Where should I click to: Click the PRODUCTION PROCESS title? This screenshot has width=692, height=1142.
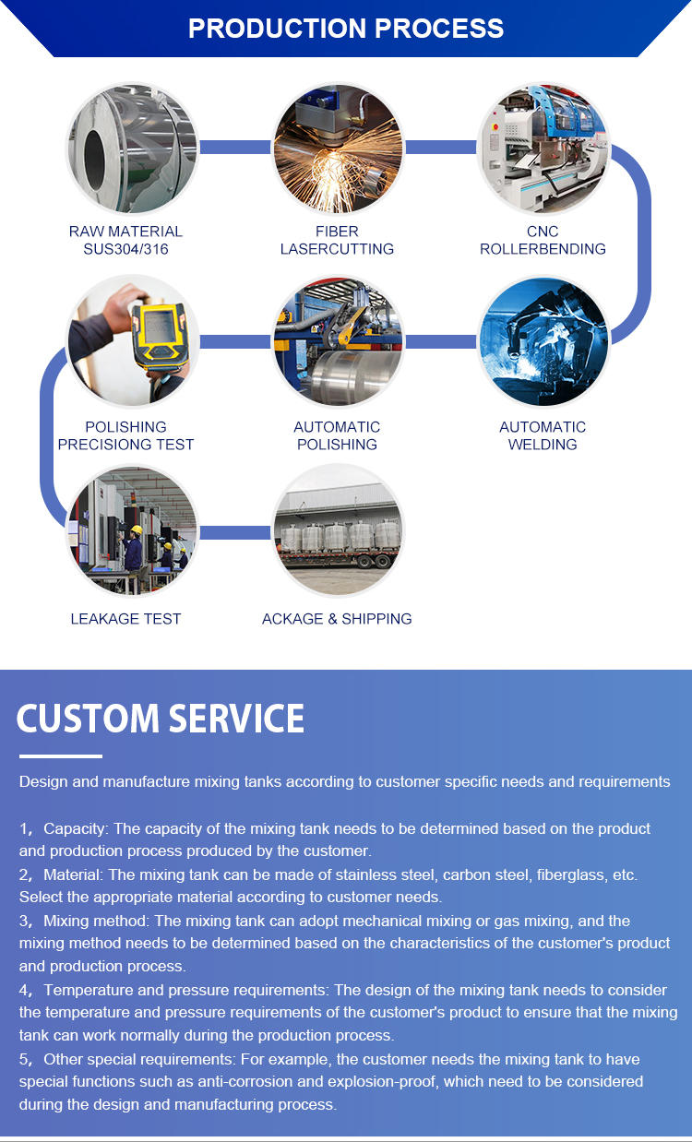(x=346, y=28)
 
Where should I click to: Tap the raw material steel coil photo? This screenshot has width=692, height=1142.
(x=132, y=148)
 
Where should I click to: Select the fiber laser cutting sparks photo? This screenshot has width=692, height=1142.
(x=338, y=148)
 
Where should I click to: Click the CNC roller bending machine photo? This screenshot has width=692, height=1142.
(x=543, y=148)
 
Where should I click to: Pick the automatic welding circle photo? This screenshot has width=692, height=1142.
(x=543, y=342)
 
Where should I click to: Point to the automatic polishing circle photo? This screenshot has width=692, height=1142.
(x=338, y=342)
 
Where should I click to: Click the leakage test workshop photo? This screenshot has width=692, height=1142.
(x=132, y=532)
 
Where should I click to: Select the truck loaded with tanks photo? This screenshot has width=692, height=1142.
(x=338, y=532)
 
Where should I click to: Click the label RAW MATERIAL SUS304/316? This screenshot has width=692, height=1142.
(x=125, y=240)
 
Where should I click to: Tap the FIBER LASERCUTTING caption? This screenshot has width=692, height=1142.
(x=337, y=240)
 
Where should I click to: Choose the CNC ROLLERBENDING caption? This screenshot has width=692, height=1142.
(x=543, y=240)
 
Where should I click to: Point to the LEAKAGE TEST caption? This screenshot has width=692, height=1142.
(x=125, y=618)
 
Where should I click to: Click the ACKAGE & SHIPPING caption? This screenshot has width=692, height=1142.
(x=337, y=618)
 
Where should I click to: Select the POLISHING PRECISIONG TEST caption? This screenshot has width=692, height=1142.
(x=125, y=435)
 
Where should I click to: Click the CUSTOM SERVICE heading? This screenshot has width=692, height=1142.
(x=161, y=719)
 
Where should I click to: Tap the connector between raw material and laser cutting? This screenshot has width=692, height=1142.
(x=234, y=148)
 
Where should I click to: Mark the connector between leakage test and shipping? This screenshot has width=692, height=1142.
(x=234, y=532)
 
